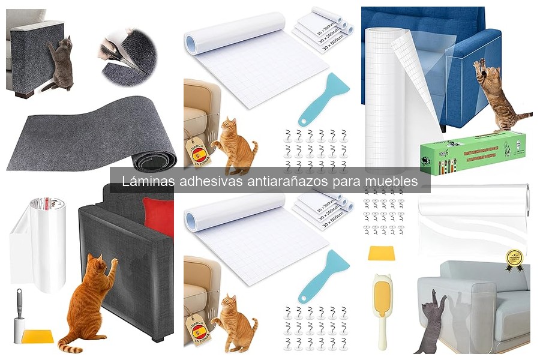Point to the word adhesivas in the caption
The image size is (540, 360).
[x=208, y=181]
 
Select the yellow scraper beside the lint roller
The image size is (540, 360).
[x=37, y=337]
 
